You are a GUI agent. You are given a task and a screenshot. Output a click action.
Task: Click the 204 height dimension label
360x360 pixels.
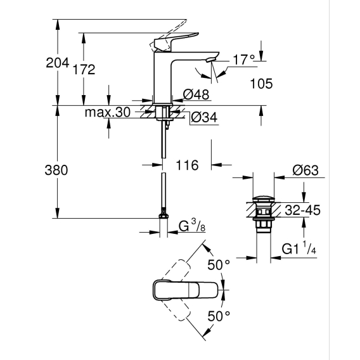click(x=58, y=63)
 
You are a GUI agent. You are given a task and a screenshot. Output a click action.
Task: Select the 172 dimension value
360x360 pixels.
click(x=84, y=70)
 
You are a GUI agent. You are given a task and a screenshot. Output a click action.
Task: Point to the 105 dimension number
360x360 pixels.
click(x=261, y=84)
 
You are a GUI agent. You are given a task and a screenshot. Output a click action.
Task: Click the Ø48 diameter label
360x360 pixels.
click(x=196, y=94)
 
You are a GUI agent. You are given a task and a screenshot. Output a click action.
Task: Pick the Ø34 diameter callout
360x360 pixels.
click(x=204, y=117)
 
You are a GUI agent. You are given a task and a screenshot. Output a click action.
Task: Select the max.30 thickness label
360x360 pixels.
click(x=108, y=112)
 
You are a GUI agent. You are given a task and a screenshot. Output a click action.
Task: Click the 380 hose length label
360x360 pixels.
click(x=56, y=170)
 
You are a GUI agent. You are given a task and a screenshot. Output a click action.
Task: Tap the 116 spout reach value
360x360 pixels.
click(x=187, y=165)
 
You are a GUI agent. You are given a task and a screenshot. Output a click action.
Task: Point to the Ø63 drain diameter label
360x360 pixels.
click(x=305, y=170)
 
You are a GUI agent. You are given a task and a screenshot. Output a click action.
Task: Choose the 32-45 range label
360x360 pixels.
click(x=302, y=210)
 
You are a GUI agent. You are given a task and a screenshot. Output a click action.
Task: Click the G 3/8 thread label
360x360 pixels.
click(x=192, y=226)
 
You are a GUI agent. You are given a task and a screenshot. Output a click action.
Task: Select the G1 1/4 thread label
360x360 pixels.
click(x=299, y=248)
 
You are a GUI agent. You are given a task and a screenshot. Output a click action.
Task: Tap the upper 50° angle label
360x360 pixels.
click(x=219, y=265)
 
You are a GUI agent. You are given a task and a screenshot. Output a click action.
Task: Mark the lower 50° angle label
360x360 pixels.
click(x=219, y=316)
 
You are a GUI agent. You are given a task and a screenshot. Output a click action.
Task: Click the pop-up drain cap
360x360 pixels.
click(x=263, y=199)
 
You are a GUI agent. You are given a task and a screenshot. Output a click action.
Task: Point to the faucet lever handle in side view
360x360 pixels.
click(x=176, y=41)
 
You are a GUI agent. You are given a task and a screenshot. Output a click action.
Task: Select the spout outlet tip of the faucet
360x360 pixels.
click(x=211, y=60)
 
